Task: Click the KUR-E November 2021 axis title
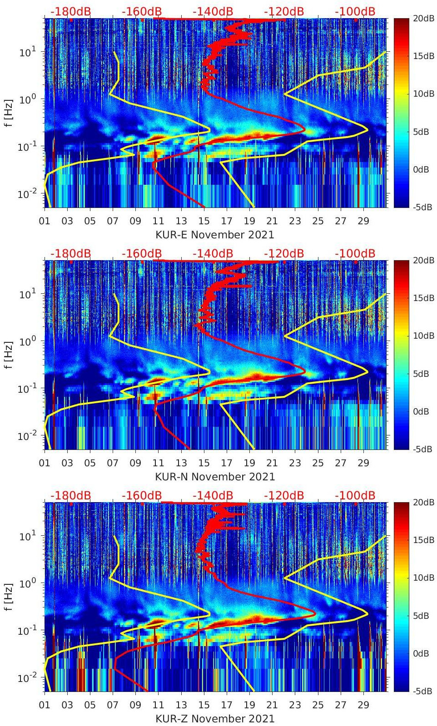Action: point(215,235)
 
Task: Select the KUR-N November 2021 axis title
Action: point(215,477)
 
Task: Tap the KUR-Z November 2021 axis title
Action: point(215,719)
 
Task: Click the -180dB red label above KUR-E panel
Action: point(70,11)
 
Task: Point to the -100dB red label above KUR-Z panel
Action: point(355,495)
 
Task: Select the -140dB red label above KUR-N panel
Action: point(213,253)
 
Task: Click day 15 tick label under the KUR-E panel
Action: point(204,221)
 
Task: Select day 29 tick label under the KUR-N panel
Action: point(363,463)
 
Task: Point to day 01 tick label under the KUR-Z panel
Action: point(45,705)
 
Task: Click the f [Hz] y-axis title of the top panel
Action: point(9,113)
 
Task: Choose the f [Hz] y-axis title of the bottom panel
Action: point(9,597)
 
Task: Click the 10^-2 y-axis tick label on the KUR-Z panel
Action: point(26,678)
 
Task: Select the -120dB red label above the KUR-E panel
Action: point(283,11)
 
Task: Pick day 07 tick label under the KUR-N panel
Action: point(113,463)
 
